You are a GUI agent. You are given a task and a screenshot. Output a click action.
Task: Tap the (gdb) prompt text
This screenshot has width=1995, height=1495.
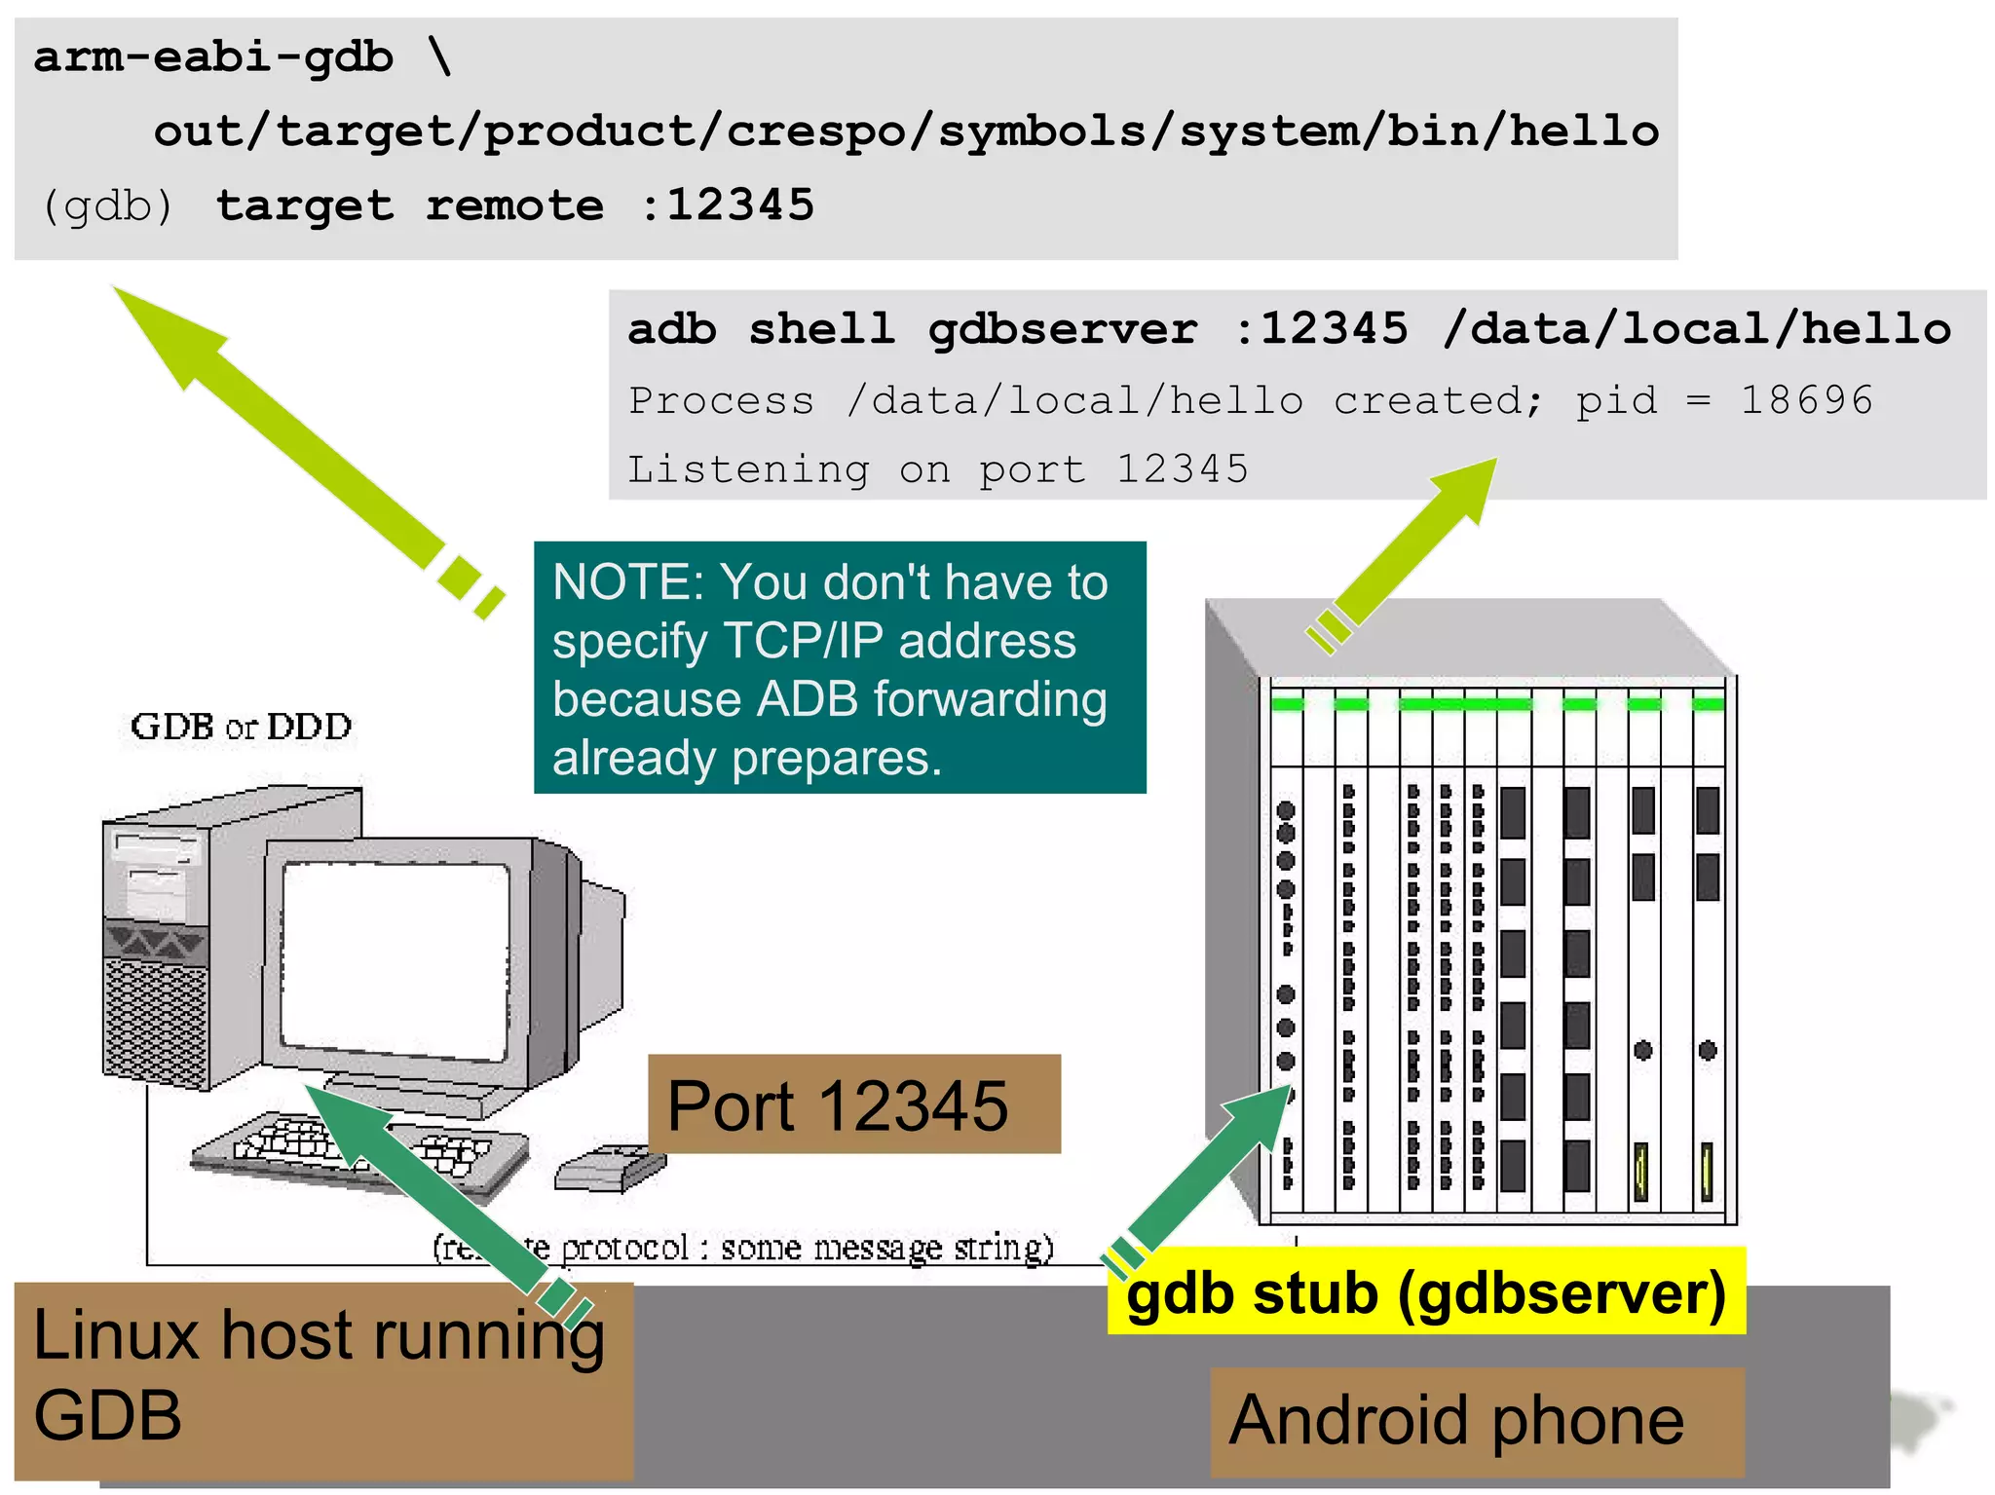pos(107,206)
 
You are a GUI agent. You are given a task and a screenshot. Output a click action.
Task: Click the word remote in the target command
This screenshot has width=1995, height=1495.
pos(514,206)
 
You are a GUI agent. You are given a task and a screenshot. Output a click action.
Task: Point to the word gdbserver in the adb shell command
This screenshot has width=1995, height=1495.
pos(1062,329)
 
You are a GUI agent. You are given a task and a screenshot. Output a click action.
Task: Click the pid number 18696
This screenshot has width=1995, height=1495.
pos(1806,400)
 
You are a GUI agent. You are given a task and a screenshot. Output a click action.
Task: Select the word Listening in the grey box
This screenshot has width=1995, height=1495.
pos(748,469)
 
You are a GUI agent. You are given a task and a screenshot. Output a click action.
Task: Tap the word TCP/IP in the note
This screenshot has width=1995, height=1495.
pos(804,642)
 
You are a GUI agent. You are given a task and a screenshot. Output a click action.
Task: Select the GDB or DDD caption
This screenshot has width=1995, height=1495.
pos(241,727)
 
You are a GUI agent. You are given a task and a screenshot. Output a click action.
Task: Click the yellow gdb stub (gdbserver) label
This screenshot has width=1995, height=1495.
pos(1426,1292)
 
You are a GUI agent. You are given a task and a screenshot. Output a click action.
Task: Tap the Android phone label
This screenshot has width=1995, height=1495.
pos(1456,1420)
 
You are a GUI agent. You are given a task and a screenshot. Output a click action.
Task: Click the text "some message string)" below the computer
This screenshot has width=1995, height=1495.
pos(886,1248)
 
